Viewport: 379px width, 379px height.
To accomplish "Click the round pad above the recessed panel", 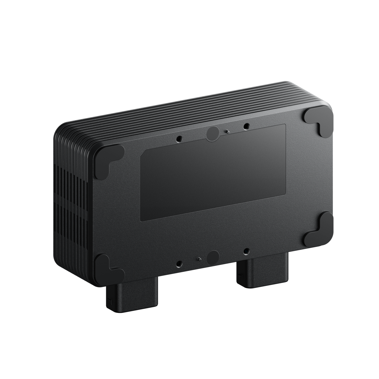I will [213, 134].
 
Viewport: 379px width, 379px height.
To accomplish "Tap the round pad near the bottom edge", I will [213, 257].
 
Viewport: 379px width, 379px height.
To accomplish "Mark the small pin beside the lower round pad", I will [199, 259].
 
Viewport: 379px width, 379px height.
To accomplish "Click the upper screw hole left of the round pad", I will [179, 138].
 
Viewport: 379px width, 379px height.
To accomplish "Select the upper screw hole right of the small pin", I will [246, 127].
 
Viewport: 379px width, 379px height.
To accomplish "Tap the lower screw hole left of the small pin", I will [179, 263].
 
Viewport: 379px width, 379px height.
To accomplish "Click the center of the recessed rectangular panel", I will [213, 173].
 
